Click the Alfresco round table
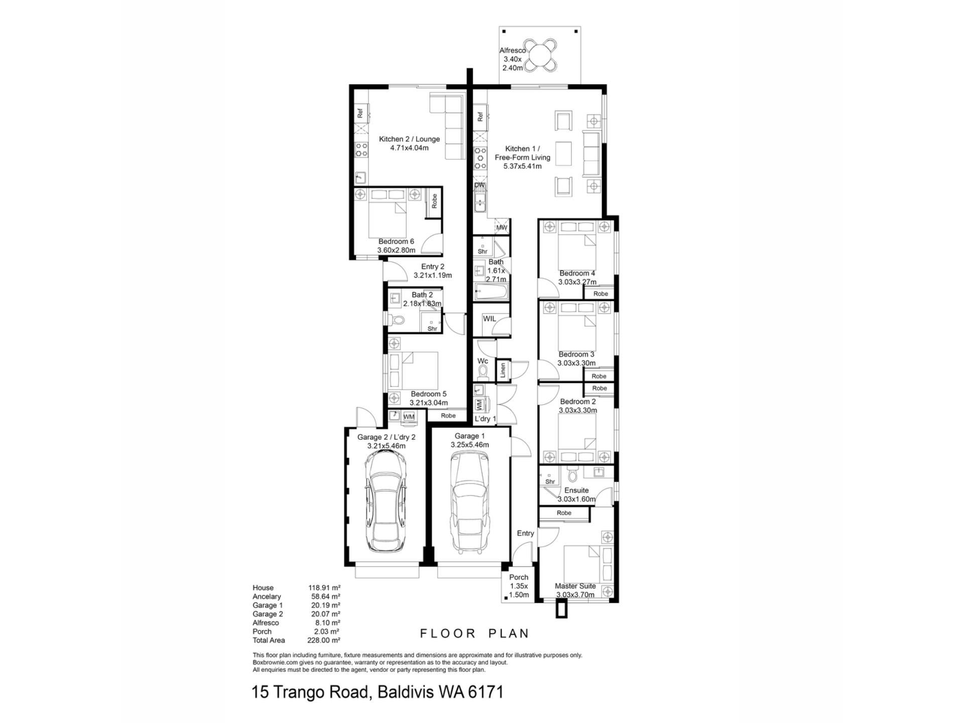tap(540, 56)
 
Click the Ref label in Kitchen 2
tap(360, 113)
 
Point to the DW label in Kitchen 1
tap(479, 185)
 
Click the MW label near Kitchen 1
tap(502, 227)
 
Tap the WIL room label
tap(489, 319)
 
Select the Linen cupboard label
tap(503, 371)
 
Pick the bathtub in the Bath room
tap(492, 292)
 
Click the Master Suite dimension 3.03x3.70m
tap(575, 595)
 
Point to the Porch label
tap(519, 577)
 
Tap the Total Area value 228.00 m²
tap(324, 640)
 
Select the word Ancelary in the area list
tap(267, 596)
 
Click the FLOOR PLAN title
tap(474, 634)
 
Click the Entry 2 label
tap(433, 267)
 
